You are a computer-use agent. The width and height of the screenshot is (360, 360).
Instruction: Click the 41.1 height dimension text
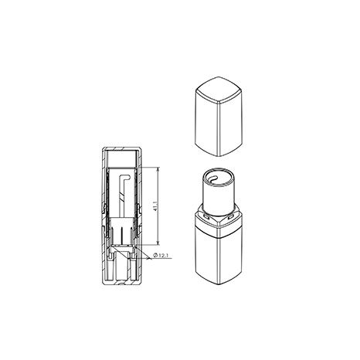click(x=155, y=205)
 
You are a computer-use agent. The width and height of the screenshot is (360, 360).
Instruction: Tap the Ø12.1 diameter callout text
click(x=161, y=256)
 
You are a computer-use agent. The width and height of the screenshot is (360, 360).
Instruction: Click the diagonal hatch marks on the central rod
click(x=122, y=198)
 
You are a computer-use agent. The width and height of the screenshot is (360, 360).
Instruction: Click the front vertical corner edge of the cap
click(x=219, y=129)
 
